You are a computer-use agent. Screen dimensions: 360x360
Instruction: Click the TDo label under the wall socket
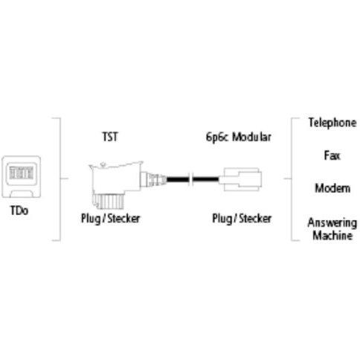[19, 210]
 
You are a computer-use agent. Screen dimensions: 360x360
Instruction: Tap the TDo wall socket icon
[22, 177]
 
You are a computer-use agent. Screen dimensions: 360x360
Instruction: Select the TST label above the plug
[110, 137]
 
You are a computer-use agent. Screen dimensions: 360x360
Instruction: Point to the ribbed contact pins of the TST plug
[108, 202]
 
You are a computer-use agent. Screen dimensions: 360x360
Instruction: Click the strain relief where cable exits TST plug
[154, 179]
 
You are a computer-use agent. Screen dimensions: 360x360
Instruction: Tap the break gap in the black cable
[191, 179]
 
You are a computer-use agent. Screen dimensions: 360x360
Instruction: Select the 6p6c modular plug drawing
[240, 179]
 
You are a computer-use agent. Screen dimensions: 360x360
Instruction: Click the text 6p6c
[216, 137]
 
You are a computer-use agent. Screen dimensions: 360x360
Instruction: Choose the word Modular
[251, 137]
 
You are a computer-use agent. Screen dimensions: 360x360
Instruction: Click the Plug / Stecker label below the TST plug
[111, 219]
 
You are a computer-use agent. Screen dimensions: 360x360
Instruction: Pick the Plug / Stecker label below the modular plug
[242, 219]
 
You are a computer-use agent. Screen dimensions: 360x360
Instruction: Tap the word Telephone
[332, 123]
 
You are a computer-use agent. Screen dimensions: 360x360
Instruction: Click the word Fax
[332, 155]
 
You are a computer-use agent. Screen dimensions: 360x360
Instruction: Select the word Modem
[332, 188]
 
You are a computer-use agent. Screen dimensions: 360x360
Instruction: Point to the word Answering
[332, 223]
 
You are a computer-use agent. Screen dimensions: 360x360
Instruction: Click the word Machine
[332, 235]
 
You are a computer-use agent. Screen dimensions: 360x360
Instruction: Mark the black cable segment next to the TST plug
[178, 179]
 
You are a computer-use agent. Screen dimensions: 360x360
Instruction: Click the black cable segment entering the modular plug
[206, 179]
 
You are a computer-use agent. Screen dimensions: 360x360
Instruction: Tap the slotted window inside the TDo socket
[22, 173]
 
